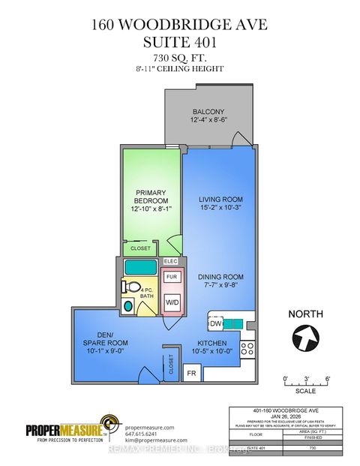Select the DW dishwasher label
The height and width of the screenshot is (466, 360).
[x=214, y=324]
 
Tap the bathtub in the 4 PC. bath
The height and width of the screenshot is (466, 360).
[x=140, y=266]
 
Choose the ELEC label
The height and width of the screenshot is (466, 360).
[x=170, y=262]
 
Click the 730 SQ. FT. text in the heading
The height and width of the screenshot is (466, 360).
[x=180, y=58]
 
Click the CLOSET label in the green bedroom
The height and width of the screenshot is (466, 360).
[x=140, y=248]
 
